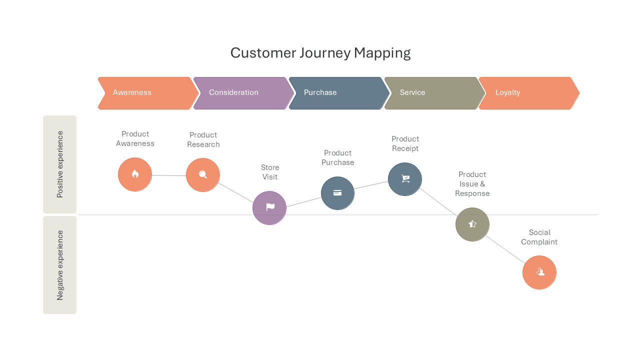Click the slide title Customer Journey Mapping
(x=320, y=53)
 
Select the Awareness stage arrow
(x=148, y=93)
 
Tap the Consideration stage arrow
(x=243, y=93)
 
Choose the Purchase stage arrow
(x=339, y=93)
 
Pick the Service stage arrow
(x=434, y=93)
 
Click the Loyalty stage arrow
(x=529, y=93)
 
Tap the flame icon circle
(x=135, y=174)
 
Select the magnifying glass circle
(x=203, y=175)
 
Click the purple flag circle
(x=269, y=208)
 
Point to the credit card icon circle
(x=337, y=193)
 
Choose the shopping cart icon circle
(x=405, y=179)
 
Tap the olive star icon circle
(x=472, y=224)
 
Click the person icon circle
(x=539, y=272)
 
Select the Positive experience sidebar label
(x=59, y=164)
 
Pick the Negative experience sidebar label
(x=59, y=265)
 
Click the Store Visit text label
(x=270, y=172)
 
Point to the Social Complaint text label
(x=539, y=237)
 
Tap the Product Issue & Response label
(x=472, y=184)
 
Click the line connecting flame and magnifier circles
(x=169, y=175)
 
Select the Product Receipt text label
(x=405, y=143)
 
